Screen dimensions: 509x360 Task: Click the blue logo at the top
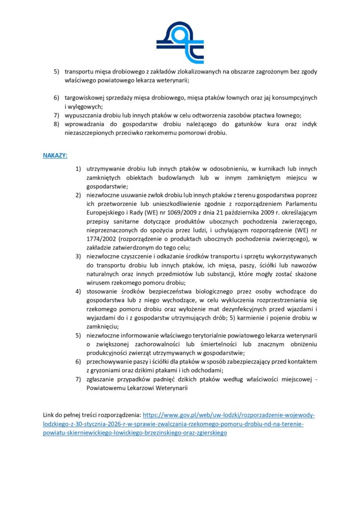tap(180, 39)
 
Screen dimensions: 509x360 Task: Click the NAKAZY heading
tap(55, 155)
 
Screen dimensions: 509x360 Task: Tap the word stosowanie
tap(101, 290)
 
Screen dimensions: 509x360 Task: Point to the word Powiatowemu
tap(106, 389)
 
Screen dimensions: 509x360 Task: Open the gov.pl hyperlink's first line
tap(229, 415)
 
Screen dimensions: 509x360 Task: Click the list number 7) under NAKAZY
tap(78, 380)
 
